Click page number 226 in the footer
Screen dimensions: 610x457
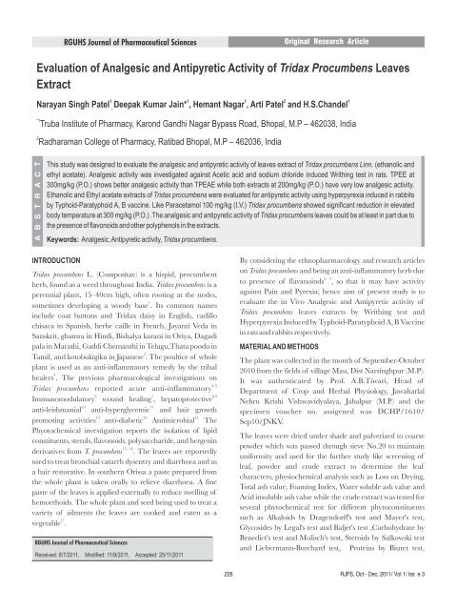click(x=228, y=600)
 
